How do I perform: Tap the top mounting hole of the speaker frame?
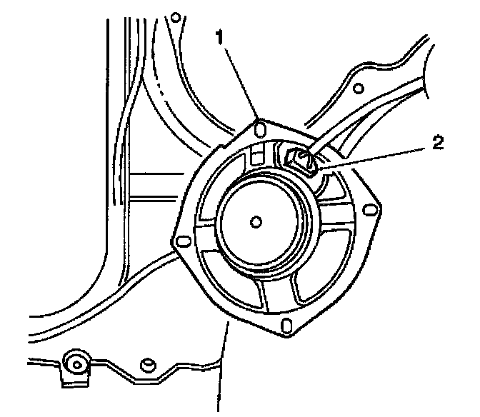tap(259, 129)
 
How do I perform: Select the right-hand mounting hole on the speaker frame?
tap(368, 210)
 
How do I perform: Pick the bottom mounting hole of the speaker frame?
tap(287, 326)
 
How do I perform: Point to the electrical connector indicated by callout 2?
tap(300, 159)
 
